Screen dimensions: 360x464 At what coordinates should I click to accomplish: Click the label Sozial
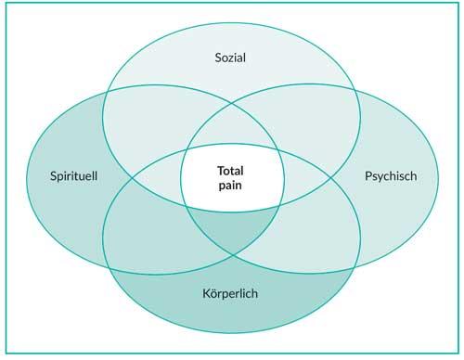coord(232,57)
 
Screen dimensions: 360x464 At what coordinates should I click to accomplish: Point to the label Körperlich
coord(231,294)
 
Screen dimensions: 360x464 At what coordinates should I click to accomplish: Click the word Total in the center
coord(230,171)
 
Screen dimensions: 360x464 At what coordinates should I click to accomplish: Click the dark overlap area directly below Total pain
coord(232,232)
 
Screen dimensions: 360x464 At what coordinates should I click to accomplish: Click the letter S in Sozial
coord(215,57)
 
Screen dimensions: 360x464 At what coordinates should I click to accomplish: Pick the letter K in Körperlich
coord(206,294)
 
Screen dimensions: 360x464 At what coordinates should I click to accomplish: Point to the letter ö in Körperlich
coord(214,294)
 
